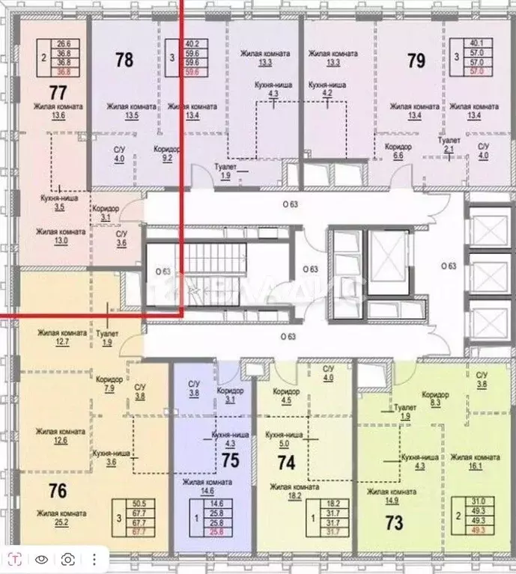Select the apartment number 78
click(124, 59)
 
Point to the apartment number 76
click(46, 492)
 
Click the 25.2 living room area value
click(62, 522)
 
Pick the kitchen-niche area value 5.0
click(283, 442)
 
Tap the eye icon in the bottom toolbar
click(43, 559)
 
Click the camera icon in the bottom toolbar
click(68, 559)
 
